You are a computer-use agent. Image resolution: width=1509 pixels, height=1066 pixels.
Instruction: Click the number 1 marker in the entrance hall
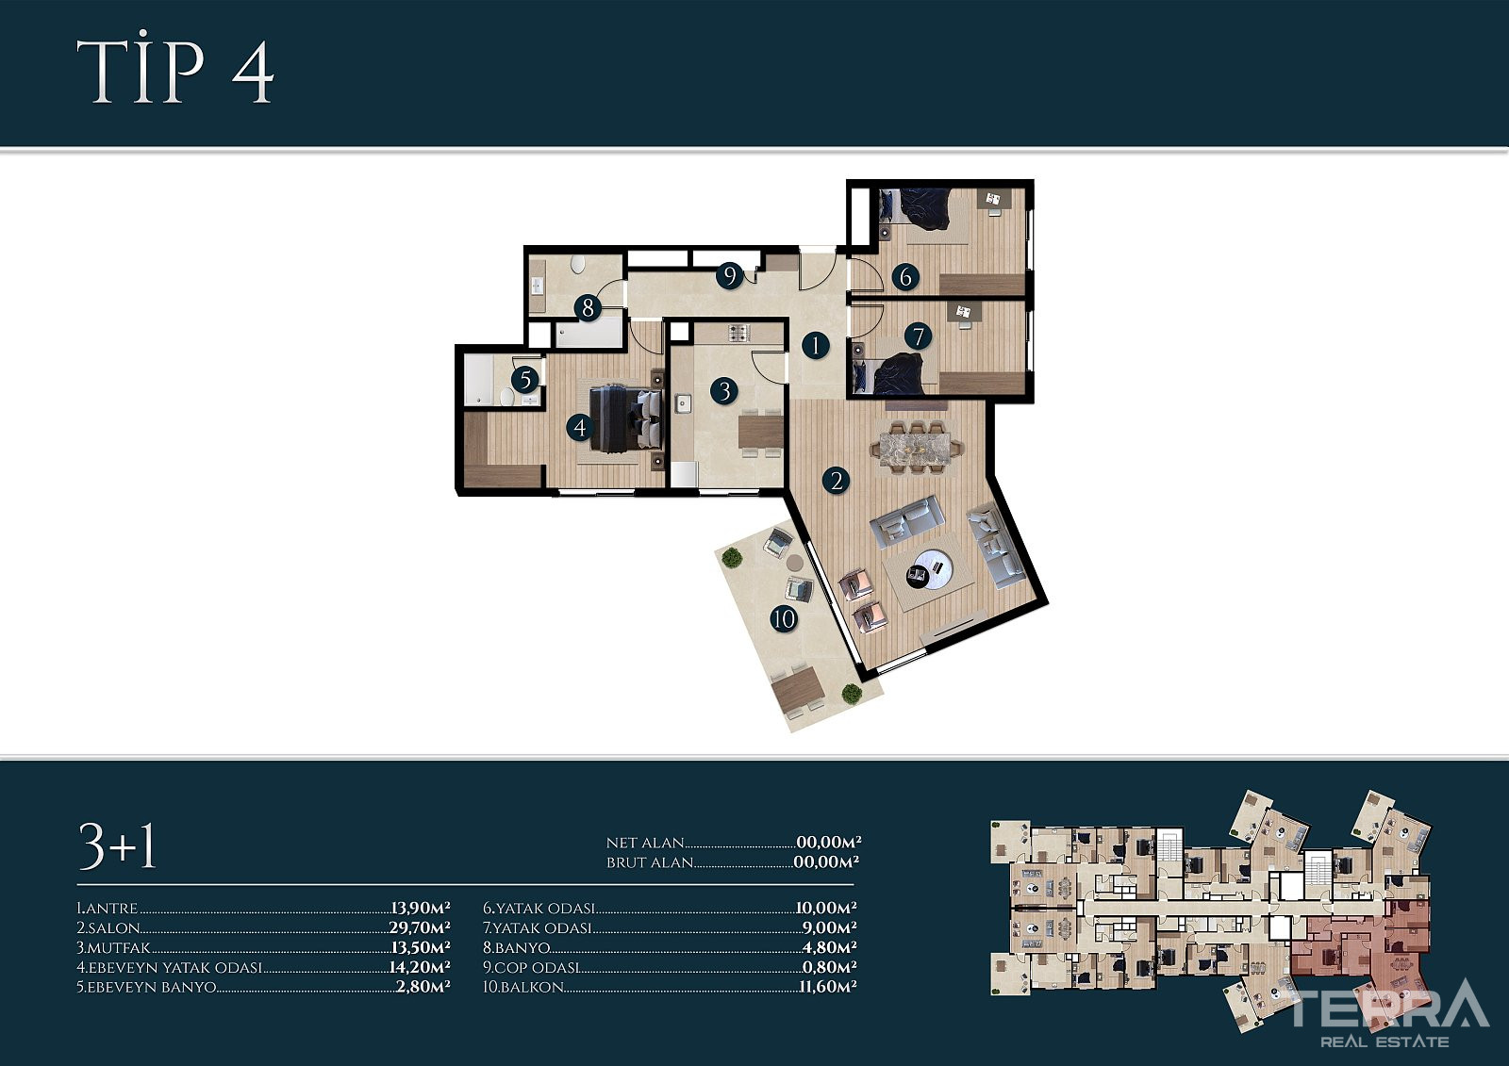pyautogui.click(x=815, y=346)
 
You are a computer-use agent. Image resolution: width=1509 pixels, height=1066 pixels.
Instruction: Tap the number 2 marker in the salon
pyautogui.click(x=836, y=481)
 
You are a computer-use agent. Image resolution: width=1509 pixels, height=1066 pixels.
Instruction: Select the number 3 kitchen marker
pyautogui.click(x=725, y=391)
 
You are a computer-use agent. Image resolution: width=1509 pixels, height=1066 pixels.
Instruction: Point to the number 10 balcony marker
pyautogui.click(x=784, y=619)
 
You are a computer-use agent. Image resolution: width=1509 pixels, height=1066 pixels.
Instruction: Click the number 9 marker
pyautogui.click(x=729, y=275)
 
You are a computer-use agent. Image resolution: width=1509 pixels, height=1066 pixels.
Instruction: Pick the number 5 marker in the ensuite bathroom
pyautogui.click(x=524, y=380)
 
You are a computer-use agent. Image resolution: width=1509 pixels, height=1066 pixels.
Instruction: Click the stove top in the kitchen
pyautogui.click(x=738, y=332)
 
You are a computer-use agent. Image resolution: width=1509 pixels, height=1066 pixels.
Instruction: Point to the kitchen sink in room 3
pyautogui.click(x=684, y=403)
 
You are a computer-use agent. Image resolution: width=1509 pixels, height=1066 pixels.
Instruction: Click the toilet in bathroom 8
pyautogui.click(x=578, y=263)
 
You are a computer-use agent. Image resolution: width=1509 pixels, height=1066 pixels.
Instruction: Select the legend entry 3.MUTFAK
pyautogui.click(x=113, y=947)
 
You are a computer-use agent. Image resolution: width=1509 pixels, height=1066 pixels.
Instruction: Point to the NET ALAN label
pyautogui.click(x=645, y=843)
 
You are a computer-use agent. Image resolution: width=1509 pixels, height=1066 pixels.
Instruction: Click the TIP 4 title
pyautogui.click(x=175, y=72)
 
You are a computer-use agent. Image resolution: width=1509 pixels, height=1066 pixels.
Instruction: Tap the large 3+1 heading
pyautogui.click(x=117, y=845)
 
